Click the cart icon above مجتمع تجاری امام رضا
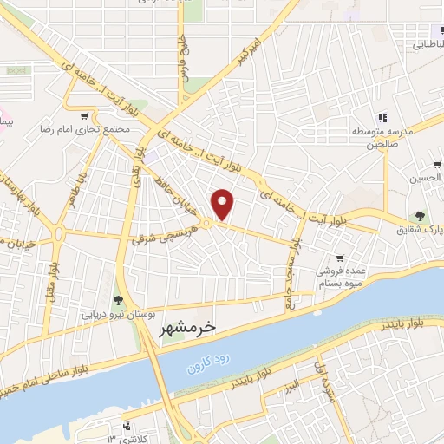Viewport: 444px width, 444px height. click(x=84, y=116)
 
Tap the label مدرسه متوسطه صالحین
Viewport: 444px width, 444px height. click(x=381, y=139)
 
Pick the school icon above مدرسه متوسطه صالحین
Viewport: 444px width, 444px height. click(x=380, y=119)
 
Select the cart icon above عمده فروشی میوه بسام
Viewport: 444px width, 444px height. click(x=341, y=257)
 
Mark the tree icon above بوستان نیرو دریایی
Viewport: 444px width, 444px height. click(x=119, y=299)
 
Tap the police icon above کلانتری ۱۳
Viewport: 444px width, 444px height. click(x=127, y=426)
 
